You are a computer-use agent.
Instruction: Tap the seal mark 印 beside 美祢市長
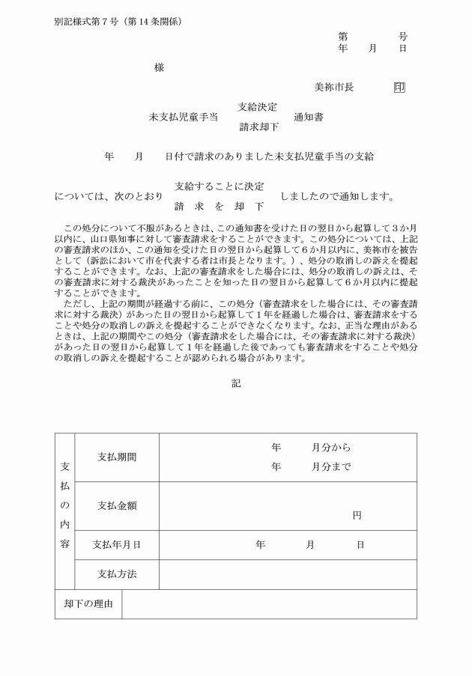click(x=399, y=88)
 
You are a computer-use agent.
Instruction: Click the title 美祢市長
click(x=333, y=88)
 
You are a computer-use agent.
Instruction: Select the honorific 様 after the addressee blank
click(x=159, y=67)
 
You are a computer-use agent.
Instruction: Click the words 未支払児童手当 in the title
click(x=184, y=117)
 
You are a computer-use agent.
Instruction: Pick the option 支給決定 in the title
click(x=257, y=106)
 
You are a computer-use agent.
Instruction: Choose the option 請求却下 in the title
click(x=258, y=127)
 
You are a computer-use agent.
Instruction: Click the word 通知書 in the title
click(x=309, y=117)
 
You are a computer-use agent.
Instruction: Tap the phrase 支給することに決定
click(x=219, y=186)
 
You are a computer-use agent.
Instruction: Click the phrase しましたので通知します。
click(x=337, y=196)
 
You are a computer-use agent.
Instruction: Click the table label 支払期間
click(x=117, y=457)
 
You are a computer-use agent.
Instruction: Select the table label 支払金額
click(x=117, y=505)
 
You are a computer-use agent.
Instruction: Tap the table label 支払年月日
click(x=117, y=544)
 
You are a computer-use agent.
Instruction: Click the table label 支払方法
click(x=117, y=574)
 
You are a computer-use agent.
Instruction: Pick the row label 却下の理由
click(x=88, y=604)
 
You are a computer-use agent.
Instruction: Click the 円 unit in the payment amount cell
click(x=357, y=516)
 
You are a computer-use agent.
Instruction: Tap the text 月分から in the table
click(x=331, y=448)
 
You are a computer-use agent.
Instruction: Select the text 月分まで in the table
click(x=331, y=466)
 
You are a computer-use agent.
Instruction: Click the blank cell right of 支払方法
click(x=288, y=574)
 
